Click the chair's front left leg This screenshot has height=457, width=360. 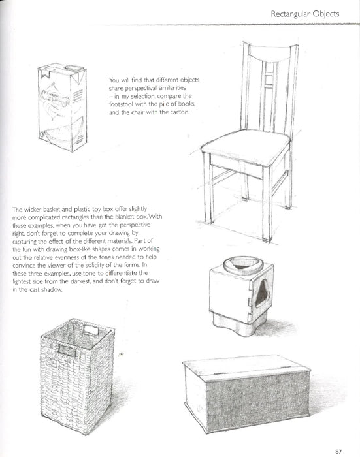click(x=210, y=196)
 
